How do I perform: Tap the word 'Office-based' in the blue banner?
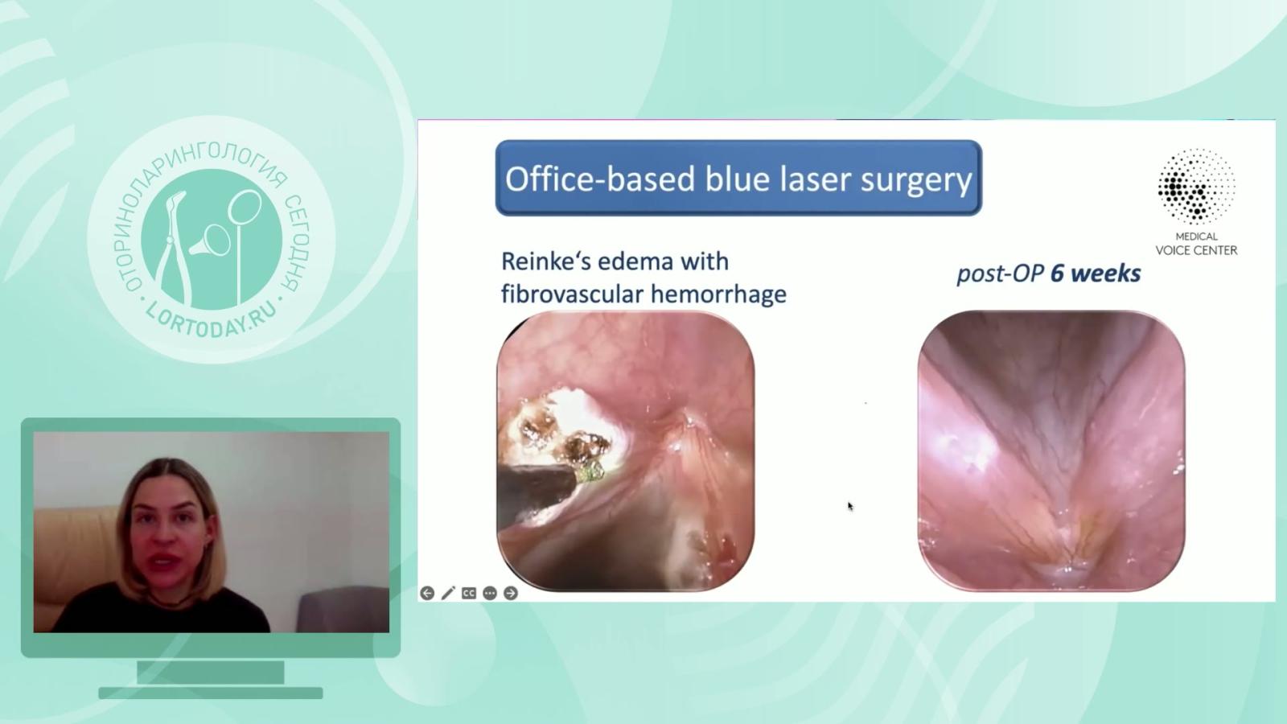(600, 179)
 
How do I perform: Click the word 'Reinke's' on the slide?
(545, 261)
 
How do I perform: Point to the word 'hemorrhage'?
(719, 294)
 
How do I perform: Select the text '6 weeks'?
(1096, 274)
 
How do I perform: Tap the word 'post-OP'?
(1001, 274)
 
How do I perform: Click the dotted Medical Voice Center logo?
(1196, 186)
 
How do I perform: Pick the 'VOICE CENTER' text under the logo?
(1196, 250)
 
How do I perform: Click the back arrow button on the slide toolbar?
(427, 593)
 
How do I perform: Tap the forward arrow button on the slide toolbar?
(510, 593)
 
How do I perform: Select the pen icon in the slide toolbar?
(448, 593)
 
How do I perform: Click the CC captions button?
(469, 593)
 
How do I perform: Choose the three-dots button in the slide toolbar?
(490, 593)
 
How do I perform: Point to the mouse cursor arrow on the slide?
(850, 506)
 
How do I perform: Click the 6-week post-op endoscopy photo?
(1051, 450)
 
